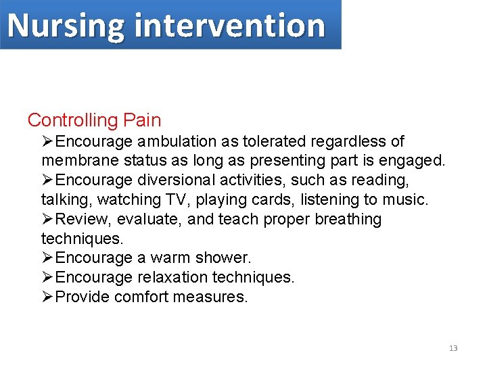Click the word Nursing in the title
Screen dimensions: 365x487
pyautogui.click(x=66, y=26)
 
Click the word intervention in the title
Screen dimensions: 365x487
pyautogui.click(x=230, y=26)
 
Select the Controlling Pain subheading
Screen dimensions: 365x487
pyautogui.click(x=94, y=120)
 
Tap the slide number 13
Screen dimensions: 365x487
pyautogui.click(x=453, y=348)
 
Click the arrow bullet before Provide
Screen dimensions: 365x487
pyautogui.click(x=47, y=297)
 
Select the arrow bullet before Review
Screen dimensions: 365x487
pyautogui.click(x=47, y=220)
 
